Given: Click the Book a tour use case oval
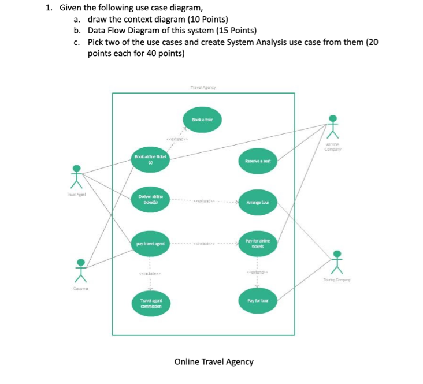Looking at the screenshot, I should (202, 120).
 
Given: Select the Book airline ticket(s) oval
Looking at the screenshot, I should (150, 159).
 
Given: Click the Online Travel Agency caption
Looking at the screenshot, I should (214, 361).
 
